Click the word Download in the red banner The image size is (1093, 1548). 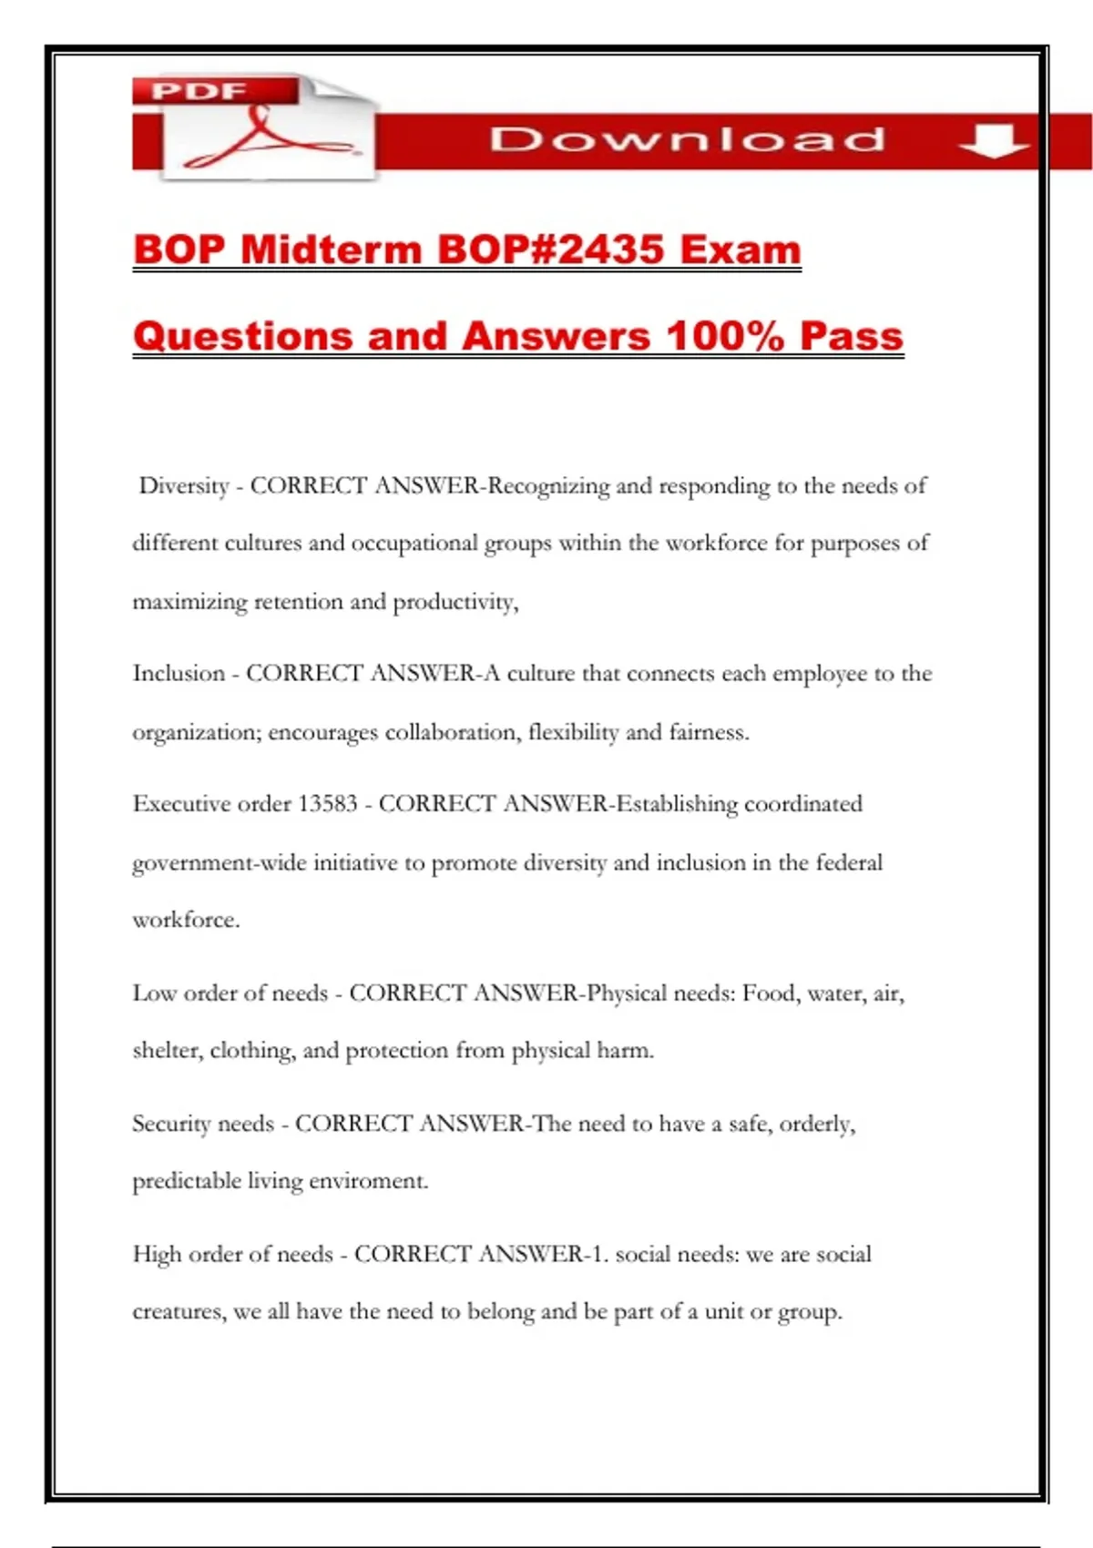688,139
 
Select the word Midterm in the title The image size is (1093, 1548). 332,250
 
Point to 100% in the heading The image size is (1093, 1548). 725,335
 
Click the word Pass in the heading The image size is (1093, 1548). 851,335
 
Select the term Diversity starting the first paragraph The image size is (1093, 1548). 184,486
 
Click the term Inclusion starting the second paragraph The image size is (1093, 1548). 179,674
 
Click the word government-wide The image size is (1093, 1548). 219,863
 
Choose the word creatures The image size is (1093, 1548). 178,1312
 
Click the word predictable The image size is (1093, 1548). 187,1181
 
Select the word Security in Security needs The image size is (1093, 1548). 171,1125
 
